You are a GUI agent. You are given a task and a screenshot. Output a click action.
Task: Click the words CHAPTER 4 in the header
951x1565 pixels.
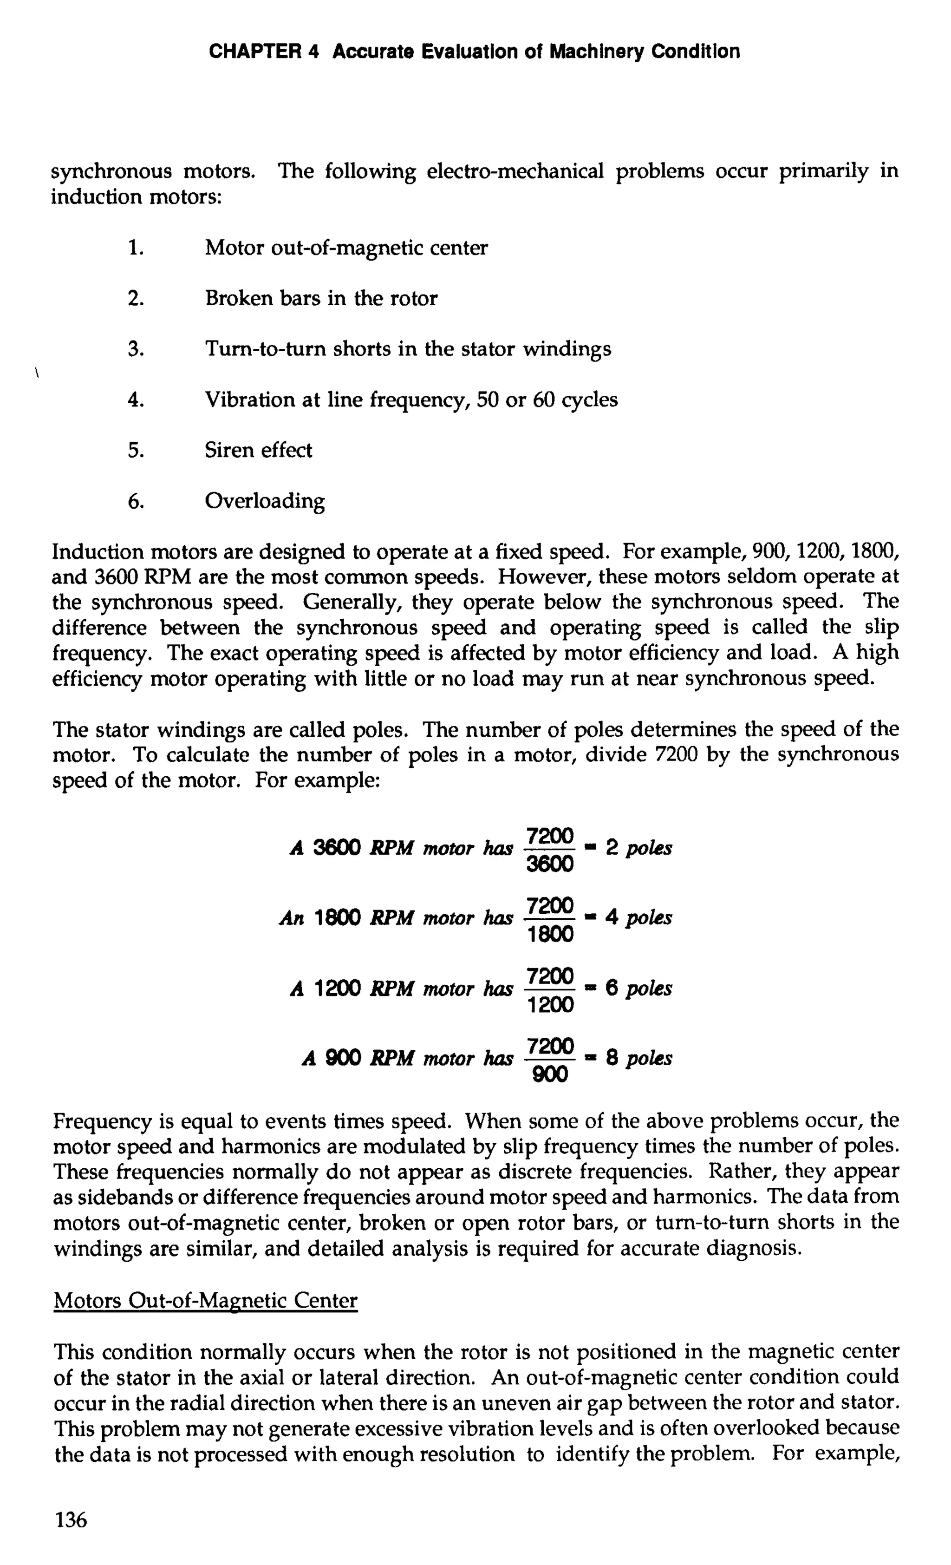pos(263,52)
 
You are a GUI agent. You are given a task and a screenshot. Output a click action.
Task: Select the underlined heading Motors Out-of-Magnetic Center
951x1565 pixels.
pos(206,1300)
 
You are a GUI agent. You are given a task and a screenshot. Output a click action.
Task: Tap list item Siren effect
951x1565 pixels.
pos(258,450)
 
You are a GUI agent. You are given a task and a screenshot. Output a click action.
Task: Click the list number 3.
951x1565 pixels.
pos(135,349)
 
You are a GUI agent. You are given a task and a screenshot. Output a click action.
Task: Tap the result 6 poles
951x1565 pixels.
pos(638,989)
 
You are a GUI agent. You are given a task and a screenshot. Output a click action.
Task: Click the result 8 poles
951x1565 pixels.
pos(638,1058)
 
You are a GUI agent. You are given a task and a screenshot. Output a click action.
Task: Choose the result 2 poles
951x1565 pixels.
pos(638,848)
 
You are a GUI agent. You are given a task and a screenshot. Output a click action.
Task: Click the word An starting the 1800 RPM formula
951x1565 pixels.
pos(292,918)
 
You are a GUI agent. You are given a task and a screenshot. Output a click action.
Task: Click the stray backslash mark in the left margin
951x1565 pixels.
pos(38,373)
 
